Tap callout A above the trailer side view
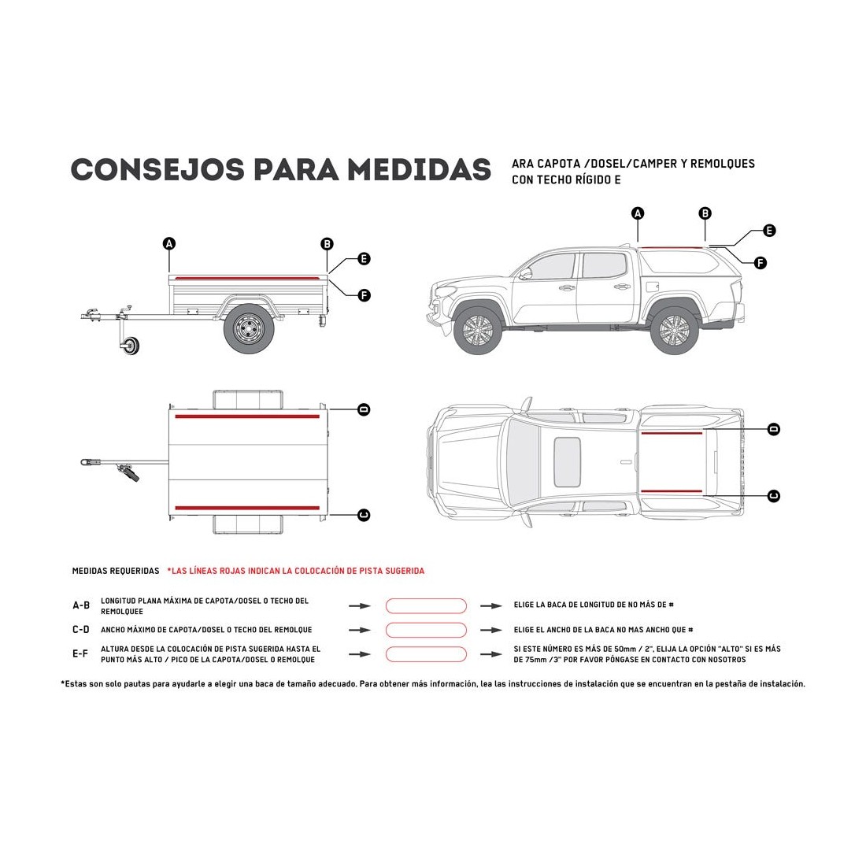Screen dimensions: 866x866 (x=168, y=243)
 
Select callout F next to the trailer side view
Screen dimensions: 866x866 (x=364, y=295)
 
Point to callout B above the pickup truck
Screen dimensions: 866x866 (x=705, y=213)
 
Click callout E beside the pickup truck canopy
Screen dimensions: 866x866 (x=770, y=231)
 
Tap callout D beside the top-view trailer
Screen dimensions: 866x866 (x=364, y=409)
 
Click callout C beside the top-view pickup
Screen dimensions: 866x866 (x=774, y=495)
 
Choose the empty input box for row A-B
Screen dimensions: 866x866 (x=426, y=605)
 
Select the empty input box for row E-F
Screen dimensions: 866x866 (x=426, y=654)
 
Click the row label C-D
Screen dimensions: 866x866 (x=81, y=630)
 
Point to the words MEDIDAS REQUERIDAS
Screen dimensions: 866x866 (x=115, y=571)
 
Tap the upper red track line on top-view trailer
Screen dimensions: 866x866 (x=247, y=416)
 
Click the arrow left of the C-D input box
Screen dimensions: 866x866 (x=359, y=630)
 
